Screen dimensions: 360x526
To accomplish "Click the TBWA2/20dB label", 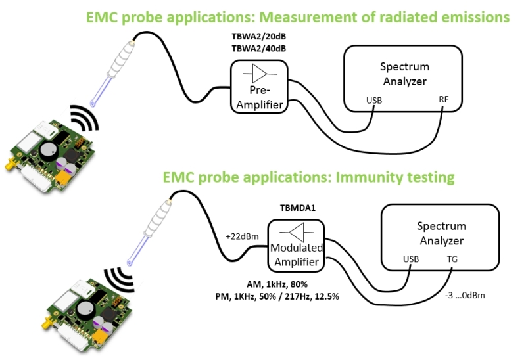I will (x=259, y=38).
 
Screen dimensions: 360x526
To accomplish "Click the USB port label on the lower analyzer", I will (x=411, y=259).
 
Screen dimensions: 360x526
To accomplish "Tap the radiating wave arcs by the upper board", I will (x=84, y=119).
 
